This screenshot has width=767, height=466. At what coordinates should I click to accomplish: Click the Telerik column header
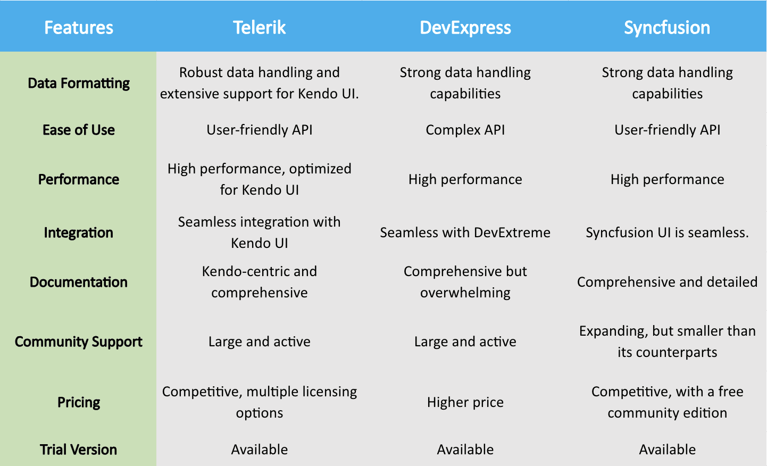(x=260, y=28)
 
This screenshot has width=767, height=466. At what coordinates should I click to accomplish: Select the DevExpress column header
(x=465, y=28)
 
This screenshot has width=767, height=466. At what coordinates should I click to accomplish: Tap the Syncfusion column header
(x=667, y=28)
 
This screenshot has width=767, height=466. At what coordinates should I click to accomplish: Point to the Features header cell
(x=79, y=28)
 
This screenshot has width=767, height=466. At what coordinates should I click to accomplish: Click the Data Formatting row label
(x=79, y=84)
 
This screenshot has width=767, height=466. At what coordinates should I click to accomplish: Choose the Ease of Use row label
(x=79, y=130)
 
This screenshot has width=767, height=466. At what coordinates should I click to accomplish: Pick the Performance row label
(x=79, y=180)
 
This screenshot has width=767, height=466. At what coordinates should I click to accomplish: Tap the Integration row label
(x=79, y=233)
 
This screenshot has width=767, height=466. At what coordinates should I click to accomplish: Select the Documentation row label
(x=79, y=282)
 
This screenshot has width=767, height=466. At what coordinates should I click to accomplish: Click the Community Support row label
(x=79, y=342)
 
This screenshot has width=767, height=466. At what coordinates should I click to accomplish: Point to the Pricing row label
(x=79, y=403)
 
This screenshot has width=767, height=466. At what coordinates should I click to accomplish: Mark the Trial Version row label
(x=79, y=450)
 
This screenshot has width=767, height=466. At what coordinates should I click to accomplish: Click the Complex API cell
(x=465, y=130)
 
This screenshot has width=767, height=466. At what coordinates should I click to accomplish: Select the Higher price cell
(x=465, y=403)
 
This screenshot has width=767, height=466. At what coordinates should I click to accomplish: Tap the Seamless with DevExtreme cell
(x=465, y=233)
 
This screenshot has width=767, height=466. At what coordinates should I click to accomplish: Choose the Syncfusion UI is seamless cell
(x=667, y=233)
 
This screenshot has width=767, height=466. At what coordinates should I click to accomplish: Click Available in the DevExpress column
(x=465, y=450)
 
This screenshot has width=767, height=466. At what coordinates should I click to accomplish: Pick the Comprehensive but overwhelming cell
(x=465, y=282)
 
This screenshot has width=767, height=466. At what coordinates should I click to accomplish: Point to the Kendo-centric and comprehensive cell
(x=260, y=282)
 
